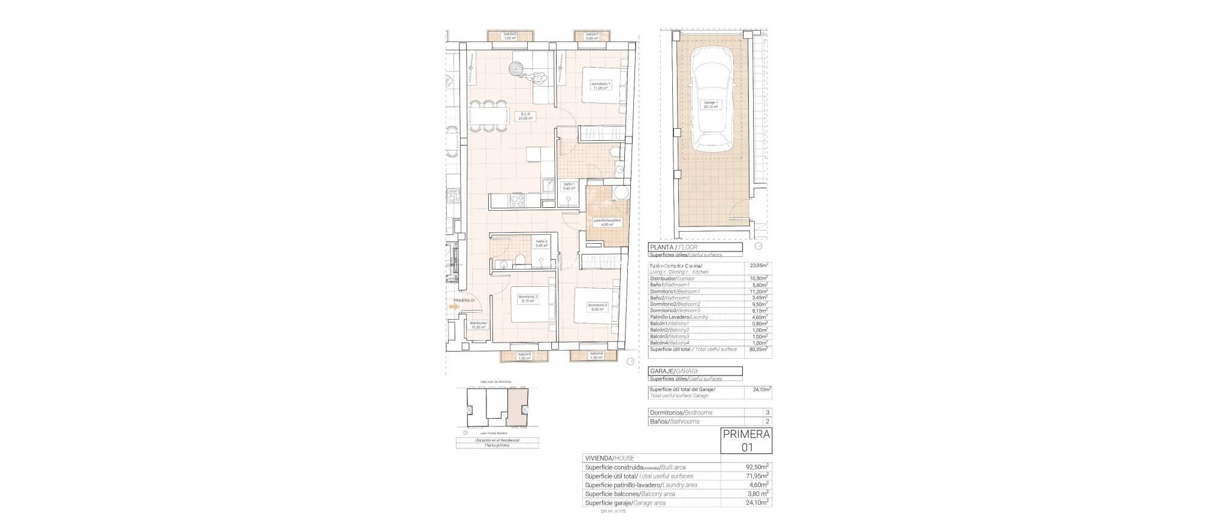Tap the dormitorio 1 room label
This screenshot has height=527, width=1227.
pyautogui.click(x=601, y=86)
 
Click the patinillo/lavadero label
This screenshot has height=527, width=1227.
pyautogui.click(x=607, y=222)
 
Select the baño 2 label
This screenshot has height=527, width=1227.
pyautogui.click(x=122, y=244)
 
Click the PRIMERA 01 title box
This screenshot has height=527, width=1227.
pyautogui.click(x=745, y=441)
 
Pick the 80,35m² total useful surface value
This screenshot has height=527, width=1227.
pyautogui.click(x=758, y=349)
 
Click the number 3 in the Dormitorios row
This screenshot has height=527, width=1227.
pyautogui.click(x=767, y=413)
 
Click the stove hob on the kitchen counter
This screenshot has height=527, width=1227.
pyautogui.click(x=98, y=200)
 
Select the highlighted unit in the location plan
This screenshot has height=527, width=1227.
pyautogui.click(x=518, y=413)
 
